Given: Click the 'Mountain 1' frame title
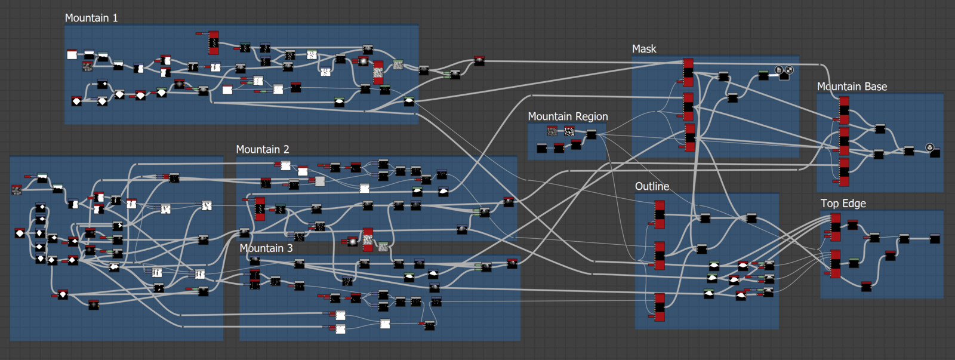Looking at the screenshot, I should coord(91,18).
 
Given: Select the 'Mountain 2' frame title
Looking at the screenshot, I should coord(262,149).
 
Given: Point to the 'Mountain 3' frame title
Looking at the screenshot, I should coord(266,248).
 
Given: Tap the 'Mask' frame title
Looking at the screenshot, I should coord(644,49).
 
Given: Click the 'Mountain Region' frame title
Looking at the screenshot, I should coord(568,116).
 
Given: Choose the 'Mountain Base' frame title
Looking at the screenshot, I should coord(852,87).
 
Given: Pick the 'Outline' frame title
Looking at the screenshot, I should coord(652,186).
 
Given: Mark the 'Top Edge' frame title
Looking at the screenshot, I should coord(843,204).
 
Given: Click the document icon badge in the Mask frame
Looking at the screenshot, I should coord(779,70).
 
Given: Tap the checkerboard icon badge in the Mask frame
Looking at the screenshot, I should coord(789,70).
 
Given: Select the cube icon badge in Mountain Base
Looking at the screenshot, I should coord(929,147).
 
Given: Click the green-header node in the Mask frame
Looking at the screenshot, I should coord(763,75).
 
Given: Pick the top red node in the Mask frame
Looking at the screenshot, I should coord(688,72).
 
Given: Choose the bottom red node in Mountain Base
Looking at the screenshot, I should coord(844,172).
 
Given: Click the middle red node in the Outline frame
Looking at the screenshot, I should coord(660,256).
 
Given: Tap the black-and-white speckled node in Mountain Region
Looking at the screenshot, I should coord(569,131).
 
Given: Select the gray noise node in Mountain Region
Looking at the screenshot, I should coord(552,131).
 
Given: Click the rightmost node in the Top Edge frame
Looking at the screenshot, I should coord(935,239).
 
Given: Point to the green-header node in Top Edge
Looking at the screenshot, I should coord(854,262).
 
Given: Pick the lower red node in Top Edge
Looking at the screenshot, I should coord(836,264).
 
